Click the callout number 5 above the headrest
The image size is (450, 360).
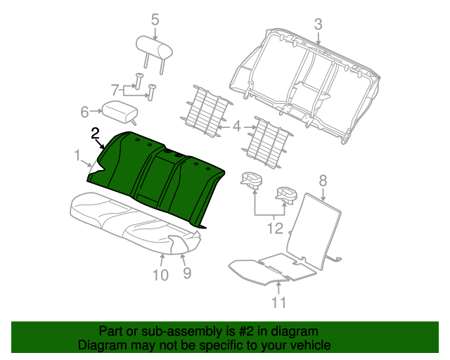click(x=155, y=20)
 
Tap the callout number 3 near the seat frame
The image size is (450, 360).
click(x=319, y=25)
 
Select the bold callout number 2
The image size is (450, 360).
click(x=95, y=134)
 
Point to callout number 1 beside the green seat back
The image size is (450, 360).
click(x=77, y=155)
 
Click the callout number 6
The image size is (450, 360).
click(x=84, y=112)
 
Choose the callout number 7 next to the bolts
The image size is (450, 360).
click(x=115, y=90)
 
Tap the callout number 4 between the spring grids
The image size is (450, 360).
click(x=236, y=127)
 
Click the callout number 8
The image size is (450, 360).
click(x=323, y=181)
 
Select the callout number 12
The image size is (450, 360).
click(x=275, y=229)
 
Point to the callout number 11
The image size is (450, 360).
click(x=278, y=302)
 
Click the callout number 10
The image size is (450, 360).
click(x=160, y=275)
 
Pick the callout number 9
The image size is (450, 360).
click(x=187, y=273)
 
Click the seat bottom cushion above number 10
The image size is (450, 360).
click(x=135, y=222)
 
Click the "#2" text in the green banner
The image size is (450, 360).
click(x=246, y=331)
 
